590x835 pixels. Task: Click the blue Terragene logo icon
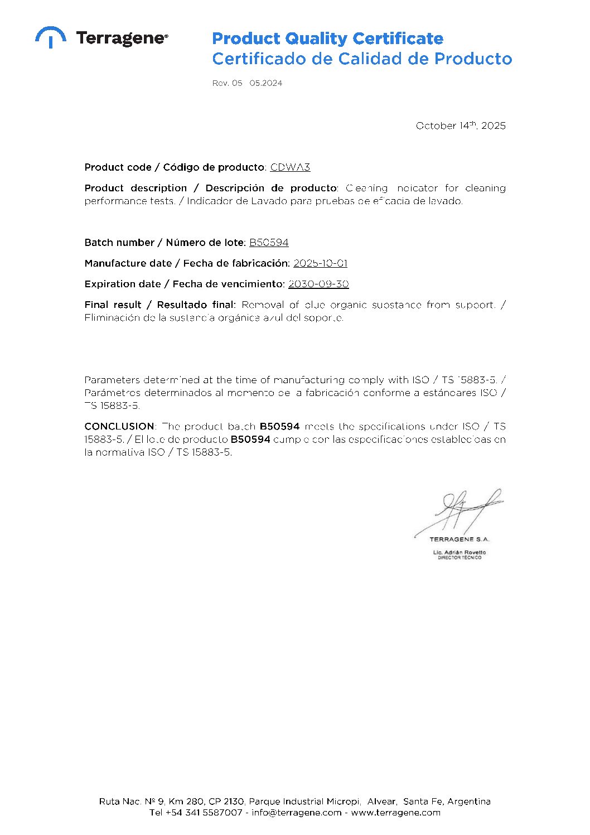point(51,37)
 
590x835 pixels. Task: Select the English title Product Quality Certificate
point(327,38)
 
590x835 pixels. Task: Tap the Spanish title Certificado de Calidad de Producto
point(362,59)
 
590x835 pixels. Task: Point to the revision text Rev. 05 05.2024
point(247,83)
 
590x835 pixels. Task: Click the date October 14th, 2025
point(461,126)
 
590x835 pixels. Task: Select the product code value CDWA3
point(290,167)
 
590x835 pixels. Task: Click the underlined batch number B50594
point(269,242)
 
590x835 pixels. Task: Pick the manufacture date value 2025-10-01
point(320,263)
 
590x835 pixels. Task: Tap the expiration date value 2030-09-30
point(318,283)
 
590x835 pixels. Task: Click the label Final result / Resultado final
point(160,305)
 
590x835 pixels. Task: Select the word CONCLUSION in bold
point(119,426)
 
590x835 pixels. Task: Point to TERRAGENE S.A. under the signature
point(459,539)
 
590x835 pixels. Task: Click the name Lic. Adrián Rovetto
point(459,552)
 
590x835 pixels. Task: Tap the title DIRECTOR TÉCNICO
point(459,558)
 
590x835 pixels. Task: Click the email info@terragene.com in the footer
point(297,812)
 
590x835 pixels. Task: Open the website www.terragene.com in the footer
point(395,812)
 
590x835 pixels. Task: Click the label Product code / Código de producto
point(175,167)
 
